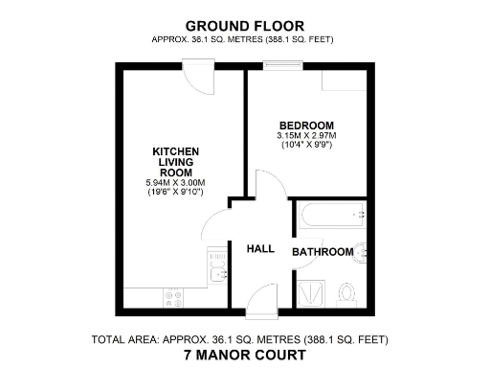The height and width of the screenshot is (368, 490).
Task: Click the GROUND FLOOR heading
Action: (x=245, y=25)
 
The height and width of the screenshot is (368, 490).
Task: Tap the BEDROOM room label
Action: (x=306, y=126)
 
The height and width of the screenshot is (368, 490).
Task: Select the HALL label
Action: (x=260, y=249)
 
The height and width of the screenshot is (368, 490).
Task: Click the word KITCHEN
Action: (x=176, y=151)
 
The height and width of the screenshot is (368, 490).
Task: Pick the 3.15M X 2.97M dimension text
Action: (x=306, y=136)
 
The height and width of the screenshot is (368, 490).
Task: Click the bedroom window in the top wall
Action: (x=282, y=67)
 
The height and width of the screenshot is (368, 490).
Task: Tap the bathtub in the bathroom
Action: (x=330, y=216)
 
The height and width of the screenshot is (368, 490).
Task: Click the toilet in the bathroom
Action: (x=347, y=289)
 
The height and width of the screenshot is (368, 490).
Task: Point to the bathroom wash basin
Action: (x=361, y=253)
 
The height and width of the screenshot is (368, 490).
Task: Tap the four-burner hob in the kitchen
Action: (x=175, y=298)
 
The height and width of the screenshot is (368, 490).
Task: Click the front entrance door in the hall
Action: (x=260, y=305)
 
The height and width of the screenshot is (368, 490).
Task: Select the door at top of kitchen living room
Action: (x=199, y=74)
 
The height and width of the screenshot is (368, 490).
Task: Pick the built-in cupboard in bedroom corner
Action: (x=341, y=81)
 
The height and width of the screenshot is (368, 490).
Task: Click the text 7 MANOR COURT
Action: (x=245, y=355)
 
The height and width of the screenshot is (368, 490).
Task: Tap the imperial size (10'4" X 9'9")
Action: (x=306, y=146)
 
